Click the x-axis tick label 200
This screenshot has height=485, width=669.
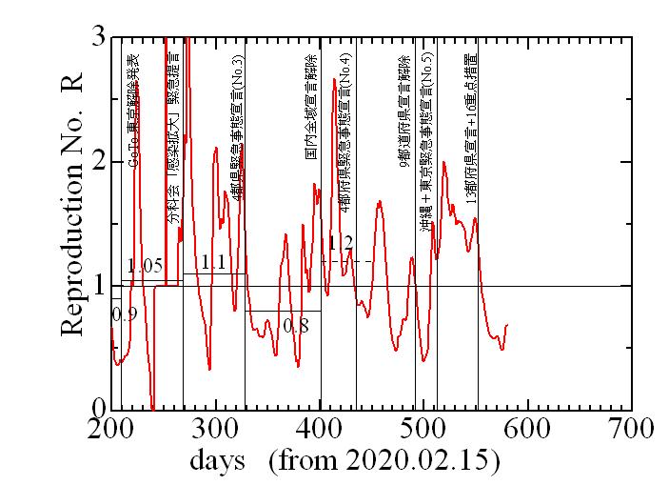(111, 429)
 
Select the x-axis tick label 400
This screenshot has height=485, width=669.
(320, 429)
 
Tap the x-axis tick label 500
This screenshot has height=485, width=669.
(423, 429)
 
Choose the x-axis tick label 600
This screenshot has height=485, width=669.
(527, 429)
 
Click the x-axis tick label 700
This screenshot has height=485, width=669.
(631, 429)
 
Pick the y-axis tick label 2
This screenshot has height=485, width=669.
(97, 162)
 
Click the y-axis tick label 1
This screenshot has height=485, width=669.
(97, 286)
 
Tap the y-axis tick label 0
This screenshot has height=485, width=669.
(97, 409)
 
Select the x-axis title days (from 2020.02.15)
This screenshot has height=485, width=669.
(344, 462)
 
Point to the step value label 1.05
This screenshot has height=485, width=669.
(145, 266)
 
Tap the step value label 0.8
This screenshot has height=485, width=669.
(296, 327)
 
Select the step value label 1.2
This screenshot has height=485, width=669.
(340, 243)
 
